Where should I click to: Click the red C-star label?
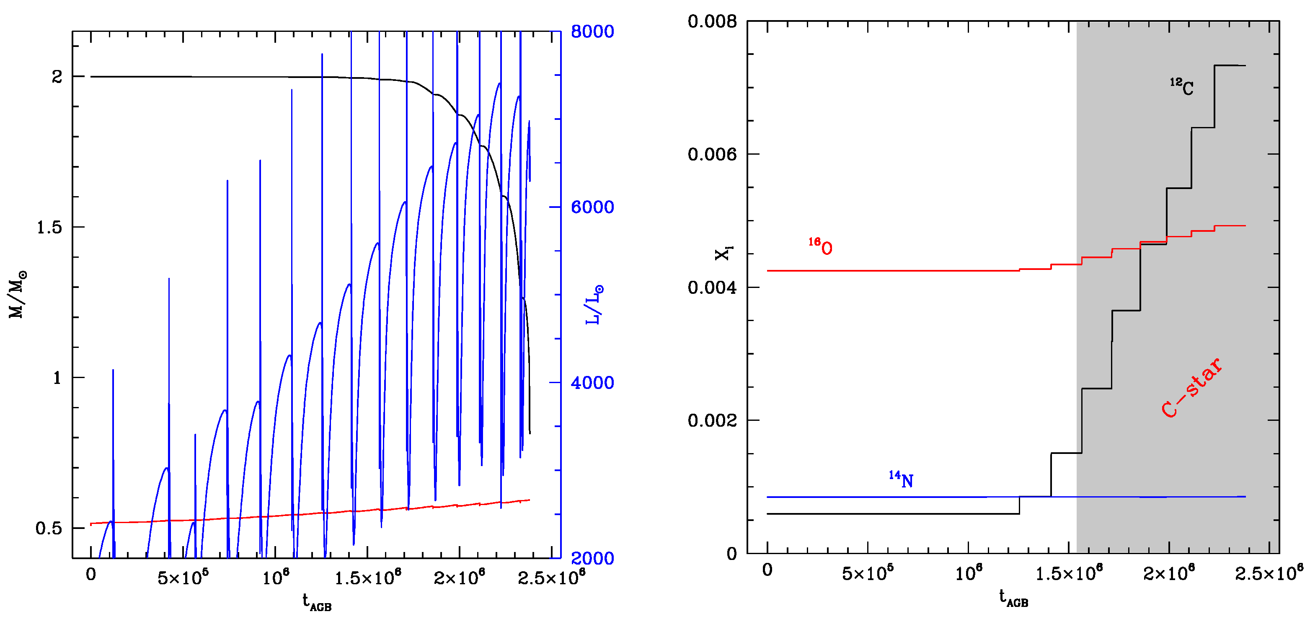(1191, 388)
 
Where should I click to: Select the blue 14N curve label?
(901, 479)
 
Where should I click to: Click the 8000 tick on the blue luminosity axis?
(592, 31)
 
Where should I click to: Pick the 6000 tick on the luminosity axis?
(592, 207)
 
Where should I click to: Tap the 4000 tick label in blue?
(592, 382)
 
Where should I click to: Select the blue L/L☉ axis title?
(594, 305)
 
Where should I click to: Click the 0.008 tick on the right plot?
(712, 22)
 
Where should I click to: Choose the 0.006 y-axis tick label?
(712, 154)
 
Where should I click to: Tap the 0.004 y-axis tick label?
(712, 288)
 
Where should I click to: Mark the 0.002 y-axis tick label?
(712, 420)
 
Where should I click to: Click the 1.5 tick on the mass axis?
(49, 227)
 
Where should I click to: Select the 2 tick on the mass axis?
(57, 77)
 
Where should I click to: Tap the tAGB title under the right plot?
(1013, 599)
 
